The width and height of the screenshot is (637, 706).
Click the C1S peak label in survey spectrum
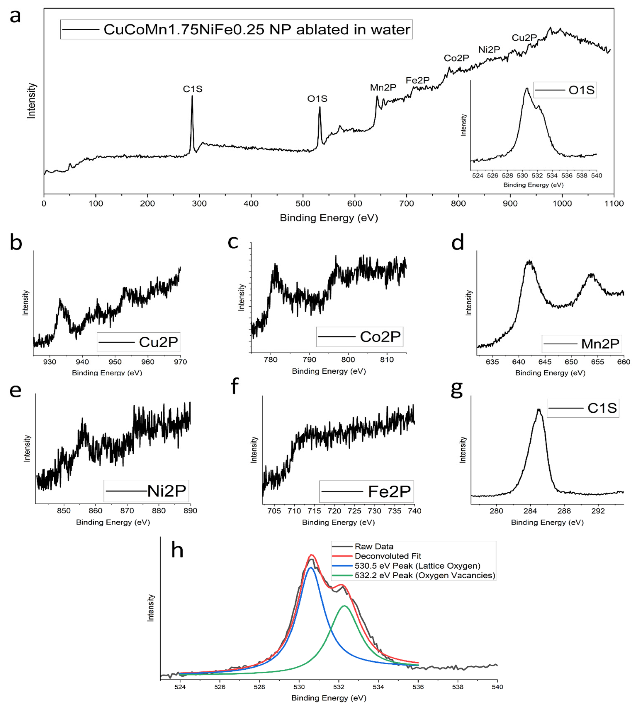tap(193, 89)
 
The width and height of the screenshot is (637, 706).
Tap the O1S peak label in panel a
tap(317, 99)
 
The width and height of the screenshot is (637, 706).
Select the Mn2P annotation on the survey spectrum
tap(383, 87)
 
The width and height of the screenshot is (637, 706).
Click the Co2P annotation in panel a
tap(456, 58)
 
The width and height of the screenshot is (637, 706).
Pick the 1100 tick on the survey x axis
tap(614, 204)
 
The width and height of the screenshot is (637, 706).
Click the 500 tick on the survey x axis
tap(303, 204)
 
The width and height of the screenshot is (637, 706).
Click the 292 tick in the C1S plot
tap(598, 511)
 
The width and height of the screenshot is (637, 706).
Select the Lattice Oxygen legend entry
tap(417, 566)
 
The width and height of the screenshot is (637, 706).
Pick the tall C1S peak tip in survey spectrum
tap(192, 96)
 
